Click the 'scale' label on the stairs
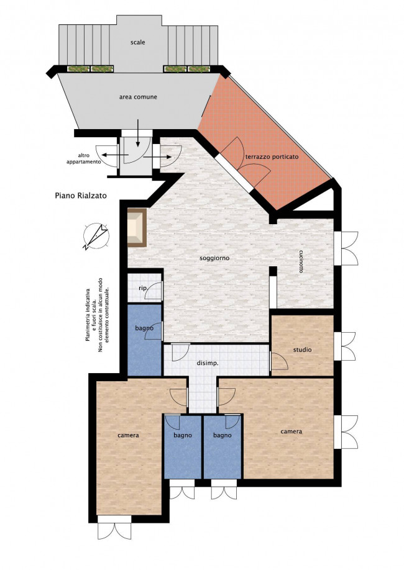click(x=138, y=42)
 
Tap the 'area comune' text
click(x=139, y=97)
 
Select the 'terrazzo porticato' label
click(x=272, y=156)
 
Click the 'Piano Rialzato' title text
click(x=81, y=196)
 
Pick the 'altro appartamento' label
click(x=83, y=158)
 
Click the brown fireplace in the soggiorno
click(x=137, y=227)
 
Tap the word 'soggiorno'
click(x=214, y=258)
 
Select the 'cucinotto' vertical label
click(x=301, y=261)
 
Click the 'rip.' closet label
click(x=143, y=288)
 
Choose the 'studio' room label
click(x=303, y=350)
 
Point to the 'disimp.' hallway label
click(x=208, y=363)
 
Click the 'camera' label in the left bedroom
click(x=128, y=435)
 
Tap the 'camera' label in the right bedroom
click(x=291, y=432)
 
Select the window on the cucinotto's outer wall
click(x=346, y=248)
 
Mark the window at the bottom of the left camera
click(x=114, y=528)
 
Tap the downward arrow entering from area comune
click(x=138, y=133)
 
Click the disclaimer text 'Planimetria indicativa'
click(x=88, y=315)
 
